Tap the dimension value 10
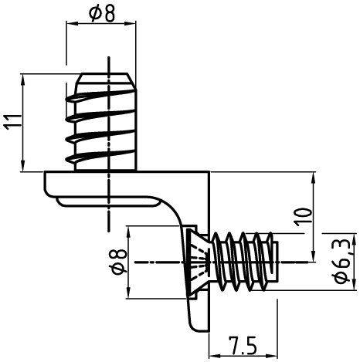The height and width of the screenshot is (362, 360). [304, 217]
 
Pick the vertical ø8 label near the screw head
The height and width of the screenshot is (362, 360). [118, 262]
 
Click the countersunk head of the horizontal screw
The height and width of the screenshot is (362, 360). [199, 262]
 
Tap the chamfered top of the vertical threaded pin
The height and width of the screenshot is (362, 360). [105, 81]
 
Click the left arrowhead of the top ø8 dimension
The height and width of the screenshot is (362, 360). [72, 23]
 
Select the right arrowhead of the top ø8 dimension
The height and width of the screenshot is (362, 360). [131, 23]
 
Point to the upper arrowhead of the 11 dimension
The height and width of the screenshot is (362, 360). [23, 80]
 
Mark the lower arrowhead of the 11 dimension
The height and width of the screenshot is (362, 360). [23, 165]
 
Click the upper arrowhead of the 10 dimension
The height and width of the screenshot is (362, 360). [313, 178]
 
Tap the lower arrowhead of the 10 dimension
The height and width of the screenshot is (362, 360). [313, 256]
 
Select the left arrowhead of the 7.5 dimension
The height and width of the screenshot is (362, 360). [215, 356]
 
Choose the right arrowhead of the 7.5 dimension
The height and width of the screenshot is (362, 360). [272, 356]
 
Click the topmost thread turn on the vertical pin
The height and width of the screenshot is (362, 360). [100, 96]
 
